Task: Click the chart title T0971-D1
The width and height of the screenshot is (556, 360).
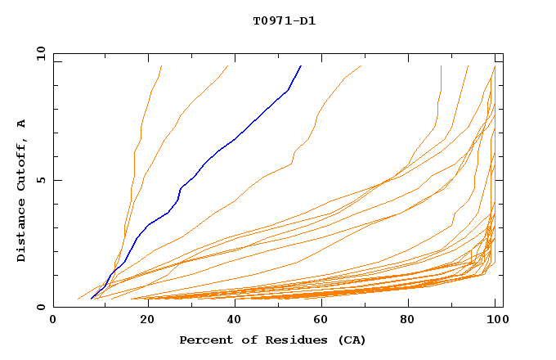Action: pos(284,20)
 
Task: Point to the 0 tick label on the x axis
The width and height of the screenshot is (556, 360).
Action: pos(53,320)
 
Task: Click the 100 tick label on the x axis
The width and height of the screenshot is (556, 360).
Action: pos(495,320)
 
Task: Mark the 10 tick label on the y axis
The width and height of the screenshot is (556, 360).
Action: pos(40,53)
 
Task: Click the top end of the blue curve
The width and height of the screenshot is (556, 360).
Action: pos(301,65)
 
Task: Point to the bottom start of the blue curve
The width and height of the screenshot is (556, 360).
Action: pos(91,299)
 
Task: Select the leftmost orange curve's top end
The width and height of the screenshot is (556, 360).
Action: pos(162,65)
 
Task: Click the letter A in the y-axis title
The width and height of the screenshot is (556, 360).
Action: pos(22,124)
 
